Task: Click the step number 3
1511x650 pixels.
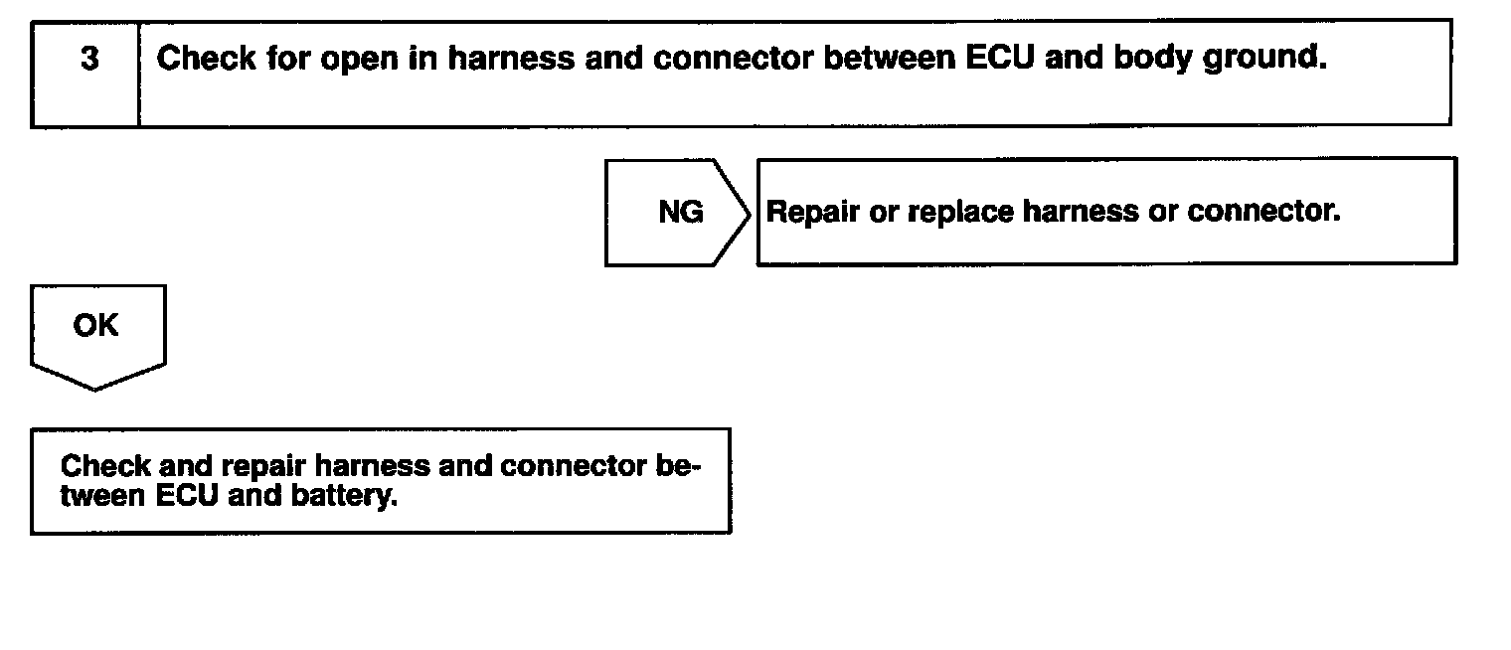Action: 89,59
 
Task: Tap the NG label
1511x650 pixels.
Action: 681,213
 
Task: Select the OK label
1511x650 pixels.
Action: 95,326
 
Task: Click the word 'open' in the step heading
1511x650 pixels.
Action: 359,59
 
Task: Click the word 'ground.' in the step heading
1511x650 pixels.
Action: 1264,59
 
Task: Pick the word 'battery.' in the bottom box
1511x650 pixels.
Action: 344,496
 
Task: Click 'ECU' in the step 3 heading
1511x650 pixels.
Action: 1000,58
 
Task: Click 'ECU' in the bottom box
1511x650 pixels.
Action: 187,496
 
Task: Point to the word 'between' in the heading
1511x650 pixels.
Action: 889,58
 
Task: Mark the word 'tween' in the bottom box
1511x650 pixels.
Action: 102,496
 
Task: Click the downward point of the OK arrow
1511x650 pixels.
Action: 95,389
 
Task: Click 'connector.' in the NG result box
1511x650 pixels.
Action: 1263,212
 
